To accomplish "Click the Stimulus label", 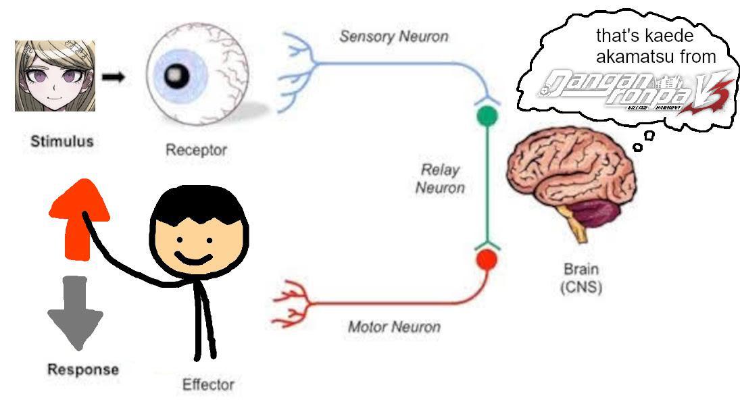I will [61, 142].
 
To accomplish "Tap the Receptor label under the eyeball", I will [196, 150].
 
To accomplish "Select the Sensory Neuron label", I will [393, 36].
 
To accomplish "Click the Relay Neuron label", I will [440, 178].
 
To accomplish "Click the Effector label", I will [208, 385].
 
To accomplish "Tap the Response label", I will [82, 370].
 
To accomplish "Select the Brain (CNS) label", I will [581, 278].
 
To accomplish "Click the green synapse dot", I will [487, 116].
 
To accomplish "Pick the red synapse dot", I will [486, 259].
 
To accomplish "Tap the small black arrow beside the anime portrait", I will [113, 77].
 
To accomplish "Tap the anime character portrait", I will [55, 75].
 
